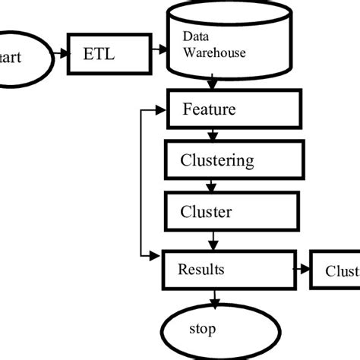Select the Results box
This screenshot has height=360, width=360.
click(228, 270)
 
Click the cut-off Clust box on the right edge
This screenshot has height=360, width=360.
click(335, 271)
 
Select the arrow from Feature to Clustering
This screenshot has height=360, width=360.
click(213, 135)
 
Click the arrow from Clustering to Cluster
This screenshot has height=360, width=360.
click(213, 185)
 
